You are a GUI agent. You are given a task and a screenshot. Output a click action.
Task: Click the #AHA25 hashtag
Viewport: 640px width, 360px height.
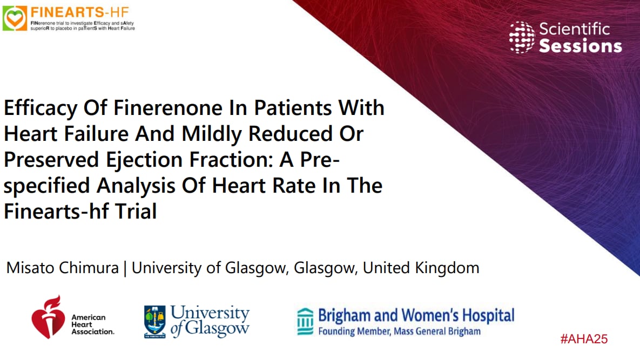pyautogui.click(x=584, y=339)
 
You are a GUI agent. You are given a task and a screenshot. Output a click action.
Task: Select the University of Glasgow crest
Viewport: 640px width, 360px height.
pyautogui.click(x=154, y=322)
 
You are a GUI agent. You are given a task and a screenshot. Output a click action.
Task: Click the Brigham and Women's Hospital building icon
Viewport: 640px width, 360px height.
pyautogui.click(x=305, y=322)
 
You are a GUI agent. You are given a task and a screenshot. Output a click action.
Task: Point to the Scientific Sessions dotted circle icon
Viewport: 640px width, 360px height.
pyautogui.click(x=522, y=37)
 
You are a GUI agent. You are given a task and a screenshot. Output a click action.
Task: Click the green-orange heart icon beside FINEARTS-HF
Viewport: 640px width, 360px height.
pyautogui.click(x=15, y=18)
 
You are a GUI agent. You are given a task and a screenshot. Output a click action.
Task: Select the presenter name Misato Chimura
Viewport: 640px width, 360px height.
pyautogui.click(x=62, y=267)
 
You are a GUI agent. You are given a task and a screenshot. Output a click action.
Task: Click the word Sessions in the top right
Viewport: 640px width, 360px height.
pyautogui.click(x=581, y=46)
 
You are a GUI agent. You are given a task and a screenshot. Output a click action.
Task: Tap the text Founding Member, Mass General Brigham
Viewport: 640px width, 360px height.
pyautogui.click(x=399, y=331)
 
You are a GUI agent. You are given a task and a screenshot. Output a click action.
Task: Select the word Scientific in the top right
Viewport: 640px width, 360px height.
pyautogui.click(x=574, y=29)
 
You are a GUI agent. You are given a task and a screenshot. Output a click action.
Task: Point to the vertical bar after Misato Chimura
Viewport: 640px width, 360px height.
pyautogui.click(x=125, y=268)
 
